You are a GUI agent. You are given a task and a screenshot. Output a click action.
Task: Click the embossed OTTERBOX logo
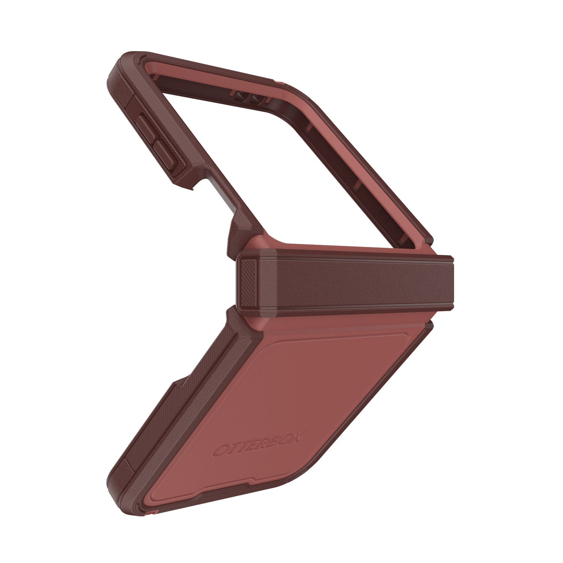[260, 446]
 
